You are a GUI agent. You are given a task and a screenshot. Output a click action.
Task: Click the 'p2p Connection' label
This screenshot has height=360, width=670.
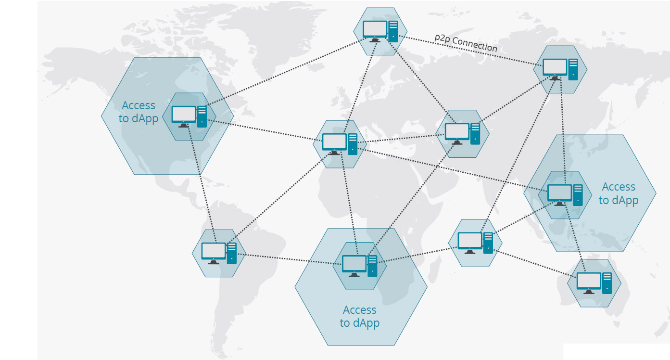coord(466,43)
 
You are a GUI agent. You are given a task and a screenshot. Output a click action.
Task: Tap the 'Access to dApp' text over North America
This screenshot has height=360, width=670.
coord(139,112)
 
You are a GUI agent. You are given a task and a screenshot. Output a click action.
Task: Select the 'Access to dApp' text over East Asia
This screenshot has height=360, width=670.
coord(619,193)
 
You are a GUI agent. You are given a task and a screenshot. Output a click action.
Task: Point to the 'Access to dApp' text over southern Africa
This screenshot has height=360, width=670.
coord(360,316)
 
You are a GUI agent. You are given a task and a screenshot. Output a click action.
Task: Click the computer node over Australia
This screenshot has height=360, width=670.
coord(594,283)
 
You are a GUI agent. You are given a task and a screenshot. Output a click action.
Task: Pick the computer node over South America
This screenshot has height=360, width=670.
coord(219,253)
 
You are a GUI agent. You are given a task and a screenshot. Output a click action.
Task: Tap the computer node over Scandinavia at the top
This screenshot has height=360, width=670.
coord(380,31)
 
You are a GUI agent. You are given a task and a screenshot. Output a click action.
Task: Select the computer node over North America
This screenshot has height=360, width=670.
coord(189,116)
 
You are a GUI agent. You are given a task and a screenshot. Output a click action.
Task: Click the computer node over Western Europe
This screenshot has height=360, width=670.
coord(340,144)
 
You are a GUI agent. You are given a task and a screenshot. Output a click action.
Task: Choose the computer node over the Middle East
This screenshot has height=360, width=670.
coord(462,134)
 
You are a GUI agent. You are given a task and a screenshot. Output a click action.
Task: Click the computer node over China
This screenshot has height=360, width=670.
coord(565,195)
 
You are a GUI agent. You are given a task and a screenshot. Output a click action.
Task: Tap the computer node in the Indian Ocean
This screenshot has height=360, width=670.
coord(475,243)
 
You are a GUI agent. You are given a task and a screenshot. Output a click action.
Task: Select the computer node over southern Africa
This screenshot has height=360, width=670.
coord(359,266)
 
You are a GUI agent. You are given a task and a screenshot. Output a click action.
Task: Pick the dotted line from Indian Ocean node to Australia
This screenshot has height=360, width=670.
coord(534,264)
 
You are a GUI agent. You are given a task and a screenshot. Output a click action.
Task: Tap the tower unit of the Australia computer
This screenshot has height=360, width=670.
coord(607,283)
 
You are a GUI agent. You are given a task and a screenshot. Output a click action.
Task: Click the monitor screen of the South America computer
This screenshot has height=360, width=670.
coord(214,250)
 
